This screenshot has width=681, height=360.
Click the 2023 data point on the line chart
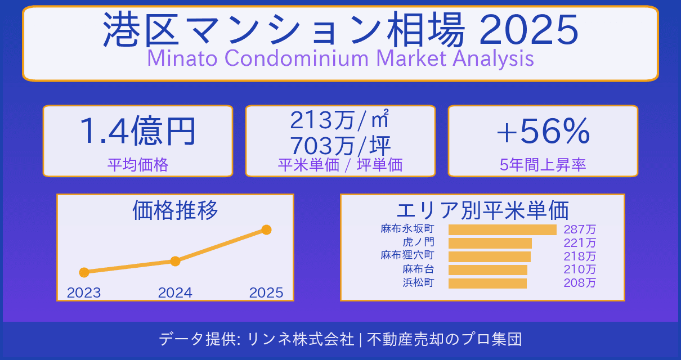[84, 272]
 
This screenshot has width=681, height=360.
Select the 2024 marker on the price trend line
[175, 261]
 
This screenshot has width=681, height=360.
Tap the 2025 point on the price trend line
[267, 229]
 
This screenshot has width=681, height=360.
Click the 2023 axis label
[84, 292]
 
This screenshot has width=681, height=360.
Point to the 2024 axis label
[175, 292]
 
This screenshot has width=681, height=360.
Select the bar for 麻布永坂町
[502, 229]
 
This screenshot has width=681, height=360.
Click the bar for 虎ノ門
[490, 243]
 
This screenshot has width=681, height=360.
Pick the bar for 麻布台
[487, 270]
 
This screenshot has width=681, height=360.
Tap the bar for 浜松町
[487, 283]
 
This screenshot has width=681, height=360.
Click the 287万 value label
[580, 229]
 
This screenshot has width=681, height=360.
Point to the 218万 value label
[580, 256]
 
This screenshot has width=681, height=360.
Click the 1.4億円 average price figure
[137, 132]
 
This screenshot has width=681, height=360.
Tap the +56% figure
[543, 132]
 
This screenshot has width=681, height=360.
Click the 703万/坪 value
[340, 146]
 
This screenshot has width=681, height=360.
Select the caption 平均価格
[137, 165]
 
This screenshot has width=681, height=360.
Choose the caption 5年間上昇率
[543, 165]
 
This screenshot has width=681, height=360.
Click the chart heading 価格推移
[175, 210]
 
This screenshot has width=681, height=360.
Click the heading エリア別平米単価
[482, 210]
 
